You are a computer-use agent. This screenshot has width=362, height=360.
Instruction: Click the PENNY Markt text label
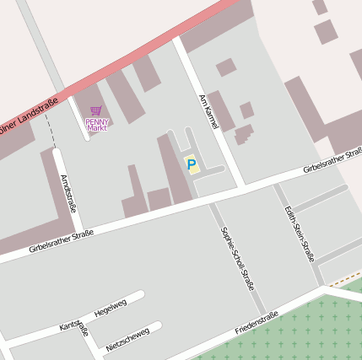97,125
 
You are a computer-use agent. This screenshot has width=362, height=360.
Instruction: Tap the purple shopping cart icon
96,110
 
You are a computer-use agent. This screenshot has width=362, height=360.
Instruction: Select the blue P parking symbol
191,164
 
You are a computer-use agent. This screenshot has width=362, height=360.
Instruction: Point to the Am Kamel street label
208,112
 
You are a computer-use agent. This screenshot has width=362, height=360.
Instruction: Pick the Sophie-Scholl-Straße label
237,258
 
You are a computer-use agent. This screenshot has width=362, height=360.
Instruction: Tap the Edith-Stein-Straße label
300,233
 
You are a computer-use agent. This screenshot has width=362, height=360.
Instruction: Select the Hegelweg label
111,307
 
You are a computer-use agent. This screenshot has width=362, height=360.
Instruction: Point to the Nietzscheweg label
127,338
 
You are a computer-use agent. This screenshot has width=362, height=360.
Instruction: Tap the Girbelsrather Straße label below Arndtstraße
60,241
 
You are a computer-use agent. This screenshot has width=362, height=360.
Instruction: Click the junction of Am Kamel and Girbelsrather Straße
244,185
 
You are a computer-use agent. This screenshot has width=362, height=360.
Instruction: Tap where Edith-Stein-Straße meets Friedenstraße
321,288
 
